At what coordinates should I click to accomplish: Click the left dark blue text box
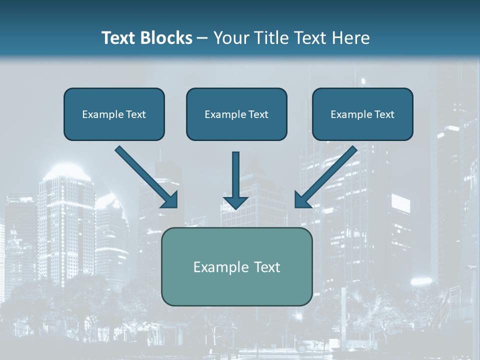coord(114,114)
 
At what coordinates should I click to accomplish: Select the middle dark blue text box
coord(236,114)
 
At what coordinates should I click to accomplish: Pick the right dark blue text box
coord(362,114)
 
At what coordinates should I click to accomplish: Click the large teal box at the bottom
coord(236,266)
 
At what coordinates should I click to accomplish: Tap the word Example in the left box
coord(99,114)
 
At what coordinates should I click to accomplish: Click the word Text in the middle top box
coord(258,114)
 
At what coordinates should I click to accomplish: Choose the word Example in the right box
coord(347,114)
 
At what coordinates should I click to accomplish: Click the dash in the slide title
coord(202,38)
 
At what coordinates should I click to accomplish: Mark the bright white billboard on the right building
coord(400,203)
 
